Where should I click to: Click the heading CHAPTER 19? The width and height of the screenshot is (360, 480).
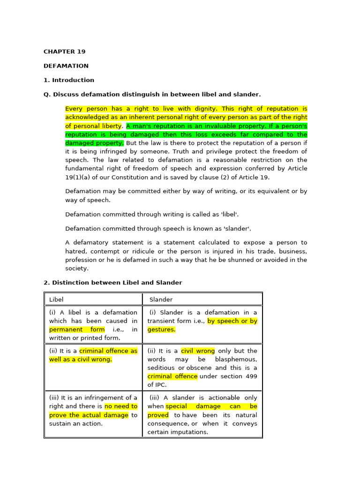point(64,52)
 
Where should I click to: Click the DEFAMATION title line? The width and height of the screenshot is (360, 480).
point(66,66)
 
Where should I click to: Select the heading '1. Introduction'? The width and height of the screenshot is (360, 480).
point(68,80)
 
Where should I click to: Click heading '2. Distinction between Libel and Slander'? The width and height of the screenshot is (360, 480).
point(112,283)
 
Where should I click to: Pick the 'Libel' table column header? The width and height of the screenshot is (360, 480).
point(56,300)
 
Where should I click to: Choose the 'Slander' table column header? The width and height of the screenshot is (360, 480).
point(161,300)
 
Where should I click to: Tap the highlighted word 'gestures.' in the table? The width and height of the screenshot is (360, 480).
point(161,330)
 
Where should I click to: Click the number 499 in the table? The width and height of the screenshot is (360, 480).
point(252,376)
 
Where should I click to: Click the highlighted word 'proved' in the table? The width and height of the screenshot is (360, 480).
point(158,415)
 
